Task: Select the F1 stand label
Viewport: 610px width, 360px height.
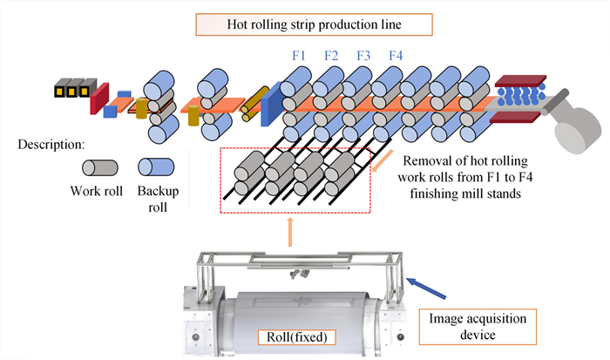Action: [299, 58]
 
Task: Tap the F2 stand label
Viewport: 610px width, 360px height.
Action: [331, 58]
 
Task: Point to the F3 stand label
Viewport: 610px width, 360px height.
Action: [363, 58]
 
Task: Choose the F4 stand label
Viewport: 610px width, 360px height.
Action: [395, 58]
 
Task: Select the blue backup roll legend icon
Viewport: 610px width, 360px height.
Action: [156, 167]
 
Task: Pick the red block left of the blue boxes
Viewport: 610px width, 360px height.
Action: [98, 98]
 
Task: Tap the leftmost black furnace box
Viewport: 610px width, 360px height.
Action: [62, 88]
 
